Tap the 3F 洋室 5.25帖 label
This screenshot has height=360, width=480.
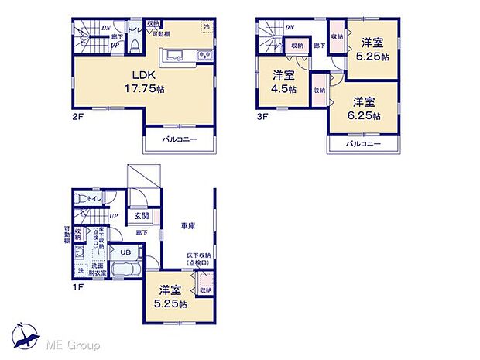(372, 50)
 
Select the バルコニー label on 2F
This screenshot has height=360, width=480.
(180, 139)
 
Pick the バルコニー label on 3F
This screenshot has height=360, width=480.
(363, 144)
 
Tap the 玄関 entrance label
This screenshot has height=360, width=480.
(142, 216)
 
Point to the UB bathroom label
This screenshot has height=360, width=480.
(125, 252)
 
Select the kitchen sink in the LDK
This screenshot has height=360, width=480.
(172, 55)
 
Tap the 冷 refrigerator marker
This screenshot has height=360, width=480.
(207, 27)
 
